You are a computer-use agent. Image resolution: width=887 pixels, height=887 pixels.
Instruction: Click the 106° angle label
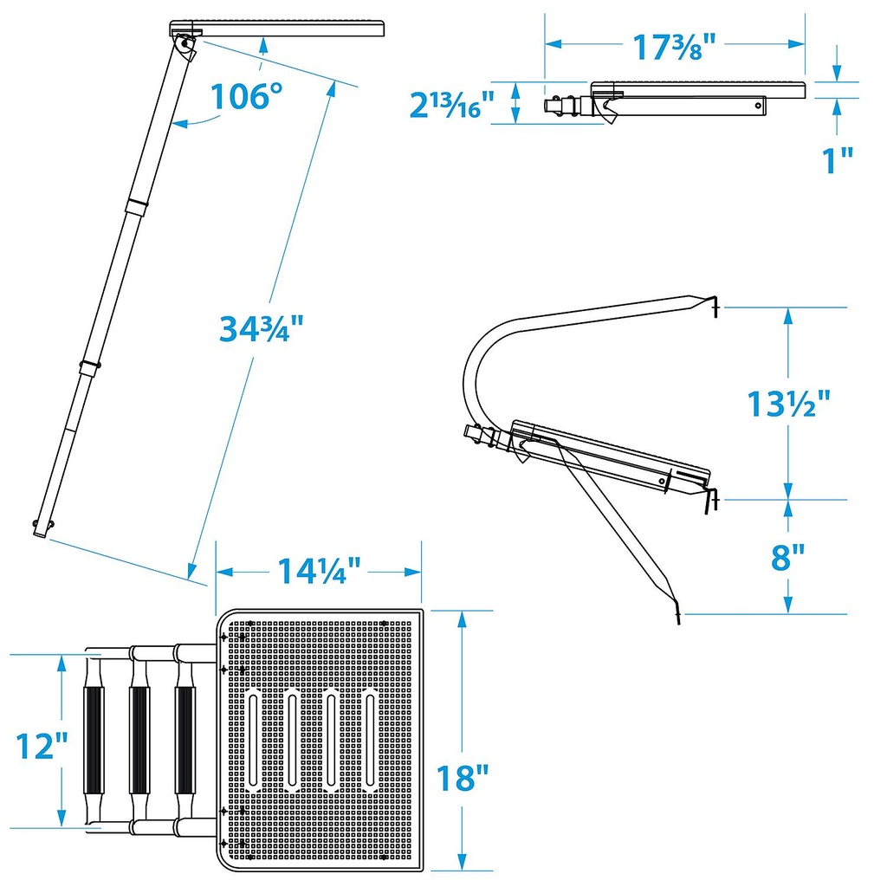[x=246, y=96]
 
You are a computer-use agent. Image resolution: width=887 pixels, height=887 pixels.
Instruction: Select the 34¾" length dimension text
[x=262, y=328]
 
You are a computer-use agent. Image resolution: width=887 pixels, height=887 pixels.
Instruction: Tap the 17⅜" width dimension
[x=674, y=47]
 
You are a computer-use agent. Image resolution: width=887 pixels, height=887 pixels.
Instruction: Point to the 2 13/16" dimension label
[x=451, y=105]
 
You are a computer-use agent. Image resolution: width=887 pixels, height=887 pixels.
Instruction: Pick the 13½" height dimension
[x=788, y=404]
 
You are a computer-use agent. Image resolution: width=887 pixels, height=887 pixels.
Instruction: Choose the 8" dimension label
[x=787, y=557]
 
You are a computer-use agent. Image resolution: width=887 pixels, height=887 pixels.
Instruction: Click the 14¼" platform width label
[x=319, y=571]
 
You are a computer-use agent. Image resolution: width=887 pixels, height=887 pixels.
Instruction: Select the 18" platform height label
[x=463, y=778]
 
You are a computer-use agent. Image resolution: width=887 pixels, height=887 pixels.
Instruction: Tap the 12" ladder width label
[x=42, y=746]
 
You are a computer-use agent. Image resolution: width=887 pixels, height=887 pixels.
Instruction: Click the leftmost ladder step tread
[x=94, y=741]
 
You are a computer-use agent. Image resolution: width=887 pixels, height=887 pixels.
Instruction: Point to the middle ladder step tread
[x=139, y=741]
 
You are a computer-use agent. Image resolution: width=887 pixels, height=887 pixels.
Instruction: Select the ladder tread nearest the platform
[x=185, y=741]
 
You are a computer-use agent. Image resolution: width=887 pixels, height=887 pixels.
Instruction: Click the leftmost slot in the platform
[x=253, y=740]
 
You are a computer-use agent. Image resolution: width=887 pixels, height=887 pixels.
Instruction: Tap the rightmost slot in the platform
[x=371, y=740]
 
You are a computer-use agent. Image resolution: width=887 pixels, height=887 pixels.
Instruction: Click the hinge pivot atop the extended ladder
[x=185, y=44]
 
